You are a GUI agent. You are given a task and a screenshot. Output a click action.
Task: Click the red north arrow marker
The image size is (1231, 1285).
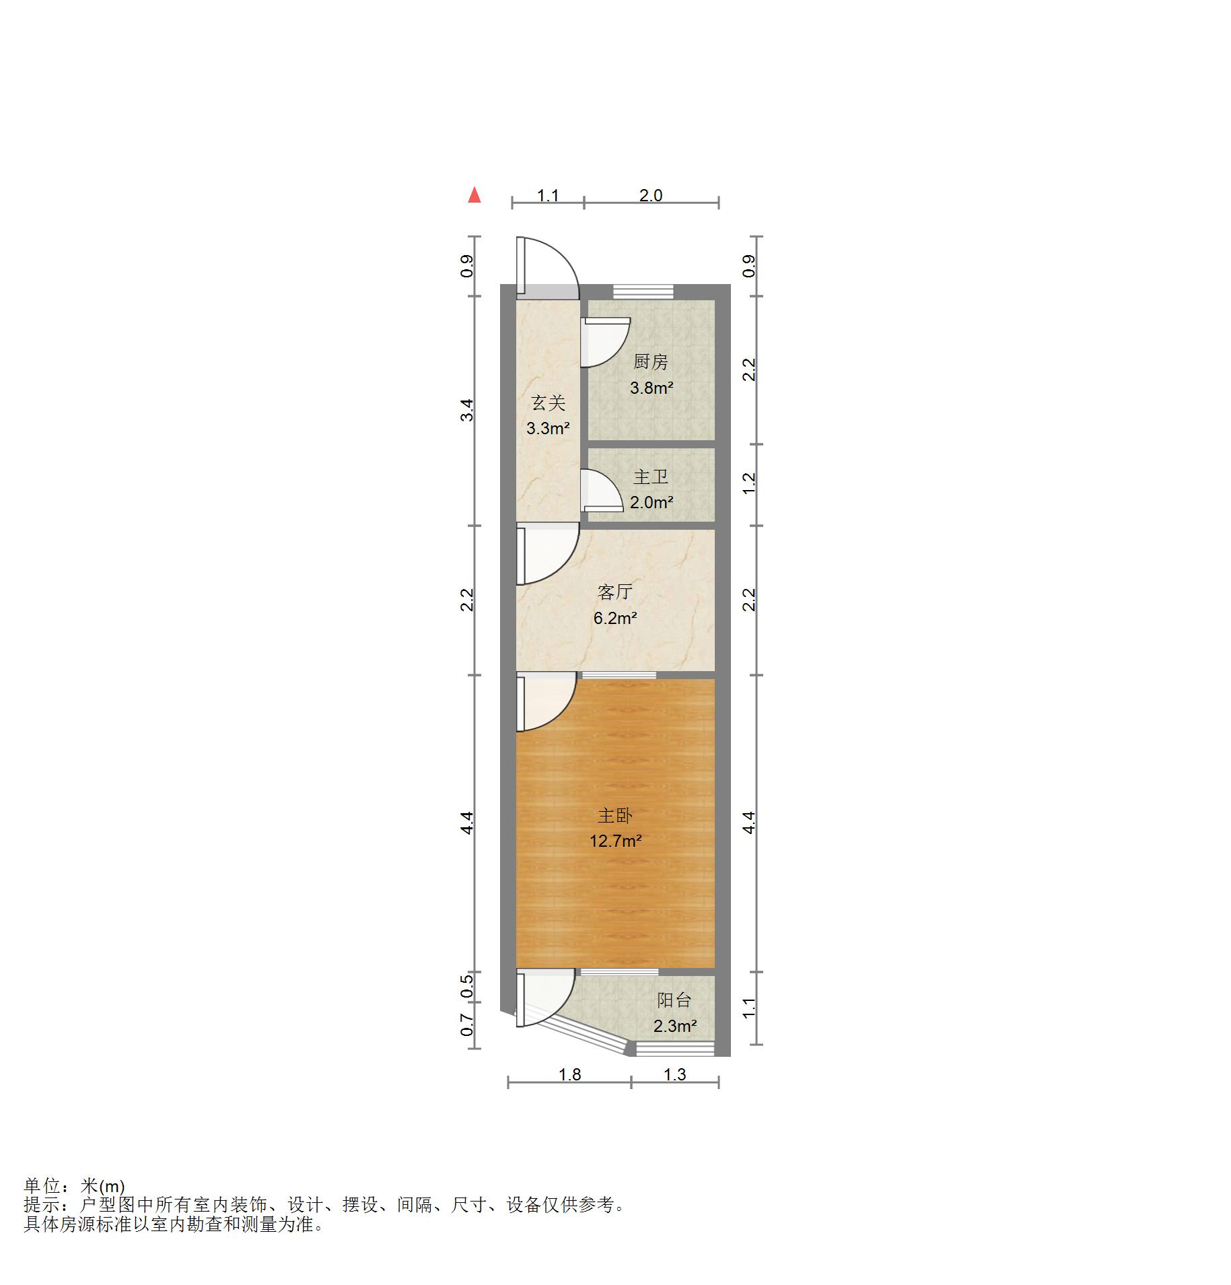pos(474,195)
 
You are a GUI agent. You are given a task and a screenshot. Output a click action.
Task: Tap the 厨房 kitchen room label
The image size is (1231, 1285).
pos(650,362)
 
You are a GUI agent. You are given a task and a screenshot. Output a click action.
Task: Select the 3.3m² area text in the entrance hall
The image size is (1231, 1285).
pos(548,428)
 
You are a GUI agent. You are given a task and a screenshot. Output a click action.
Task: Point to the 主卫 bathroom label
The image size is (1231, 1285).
pos(650,477)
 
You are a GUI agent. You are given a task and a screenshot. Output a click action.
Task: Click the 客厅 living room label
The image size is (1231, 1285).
pos(614,592)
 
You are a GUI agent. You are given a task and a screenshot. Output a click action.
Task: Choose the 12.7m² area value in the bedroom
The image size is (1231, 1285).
pos(615,841)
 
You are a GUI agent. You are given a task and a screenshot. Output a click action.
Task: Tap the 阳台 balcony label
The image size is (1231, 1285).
pos(674,1000)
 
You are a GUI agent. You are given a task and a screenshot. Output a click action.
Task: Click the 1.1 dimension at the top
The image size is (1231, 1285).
pos(547,196)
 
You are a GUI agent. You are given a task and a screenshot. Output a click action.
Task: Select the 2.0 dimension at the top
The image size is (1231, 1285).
pos(650,196)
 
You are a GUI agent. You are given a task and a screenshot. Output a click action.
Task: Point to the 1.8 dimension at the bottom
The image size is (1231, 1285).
pos(569,1074)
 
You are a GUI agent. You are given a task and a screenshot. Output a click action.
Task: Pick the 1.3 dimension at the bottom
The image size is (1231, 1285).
pos(674,1074)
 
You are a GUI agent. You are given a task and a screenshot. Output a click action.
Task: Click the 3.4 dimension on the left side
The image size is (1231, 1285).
pos(467,411)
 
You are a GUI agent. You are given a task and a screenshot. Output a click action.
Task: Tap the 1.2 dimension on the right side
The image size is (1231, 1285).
pos(749,482)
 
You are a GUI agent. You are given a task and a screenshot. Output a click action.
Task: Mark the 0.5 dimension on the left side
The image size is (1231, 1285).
pos(467,987)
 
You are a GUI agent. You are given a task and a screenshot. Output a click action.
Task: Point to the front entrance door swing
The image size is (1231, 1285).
pos(552,266)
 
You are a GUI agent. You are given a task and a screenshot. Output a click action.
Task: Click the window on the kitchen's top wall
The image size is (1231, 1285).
pos(643,291)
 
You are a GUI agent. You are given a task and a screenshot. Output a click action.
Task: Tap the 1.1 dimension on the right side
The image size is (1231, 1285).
pos(749,1008)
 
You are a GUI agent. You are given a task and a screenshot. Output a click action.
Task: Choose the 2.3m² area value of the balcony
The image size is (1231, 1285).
pos(674,1026)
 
